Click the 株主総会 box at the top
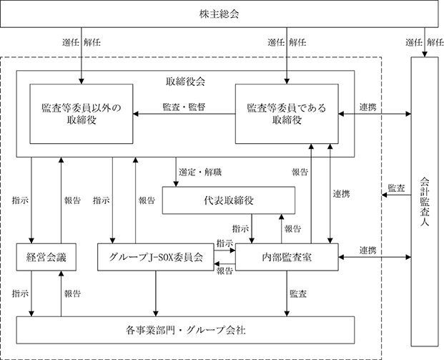pyautogui.click(x=219, y=14)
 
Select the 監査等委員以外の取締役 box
pyautogui.click(x=82, y=114)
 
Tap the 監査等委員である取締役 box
pyautogui.click(x=287, y=114)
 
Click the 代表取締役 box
pyautogui.click(x=229, y=200)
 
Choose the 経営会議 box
pyautogui.click(x=46, y=257)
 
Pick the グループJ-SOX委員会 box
pyautogui.click(x=155, y=257)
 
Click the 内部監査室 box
pyautogui.click(x=287, y=257)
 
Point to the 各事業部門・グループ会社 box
pyautogui.click(x=185, y=330)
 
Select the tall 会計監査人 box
pyautogui.click(x=425, y=202)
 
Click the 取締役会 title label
pyautogui.click(x=185, y=82)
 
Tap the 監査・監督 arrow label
pyautogui.click(x=184, y=107)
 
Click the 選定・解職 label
pyautogui.click(x=200, y=172)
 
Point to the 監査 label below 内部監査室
pyautogui.click(x=298, y=293)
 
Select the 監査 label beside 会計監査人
pyautogui.click(x=396, y=188)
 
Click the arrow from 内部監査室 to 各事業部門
pyautogui.click(x=287, y=293)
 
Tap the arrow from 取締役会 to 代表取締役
pyautogui.click(x=176, y=172)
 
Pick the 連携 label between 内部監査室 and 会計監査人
pyautogui.click(x=368, y=250)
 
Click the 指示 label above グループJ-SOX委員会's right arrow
pyautogui.click(x=225, y=243)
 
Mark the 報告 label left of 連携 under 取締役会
pyautogui.click(x=300, y=172)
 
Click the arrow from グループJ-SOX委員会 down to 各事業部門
pyautogui.click(x=155, y=293)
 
